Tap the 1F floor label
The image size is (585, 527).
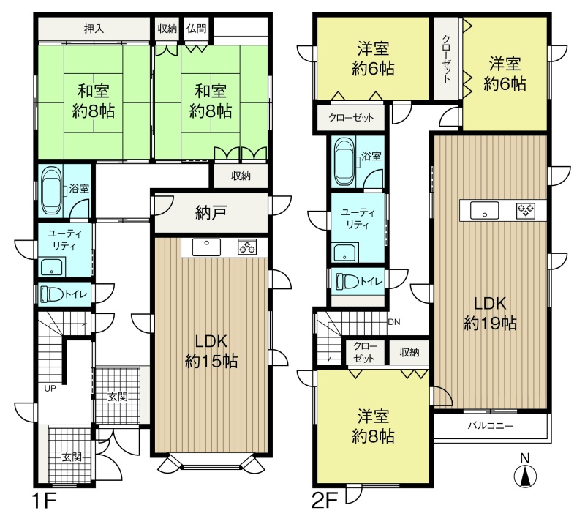[44, 501]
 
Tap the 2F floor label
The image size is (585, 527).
[324, 501]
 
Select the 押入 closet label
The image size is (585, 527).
[94, 29]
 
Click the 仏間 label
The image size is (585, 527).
[196, 29]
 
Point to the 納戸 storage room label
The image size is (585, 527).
[211, 213]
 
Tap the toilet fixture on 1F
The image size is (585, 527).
[52, 294]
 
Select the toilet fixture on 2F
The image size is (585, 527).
[347, 281]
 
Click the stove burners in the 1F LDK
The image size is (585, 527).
[247, 247]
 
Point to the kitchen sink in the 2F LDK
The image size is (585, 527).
[484, 211]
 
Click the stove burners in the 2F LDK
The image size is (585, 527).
[526, 211]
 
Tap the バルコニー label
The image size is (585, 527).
[491, 426]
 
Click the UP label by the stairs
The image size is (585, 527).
[50, 389]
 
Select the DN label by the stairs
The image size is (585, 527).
[394, 322]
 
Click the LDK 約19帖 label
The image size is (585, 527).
[490, 313]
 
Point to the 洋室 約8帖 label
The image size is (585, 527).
[373, 426]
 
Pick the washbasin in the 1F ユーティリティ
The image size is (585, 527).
[52, 266]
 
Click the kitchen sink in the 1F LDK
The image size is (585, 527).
[206, 247]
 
